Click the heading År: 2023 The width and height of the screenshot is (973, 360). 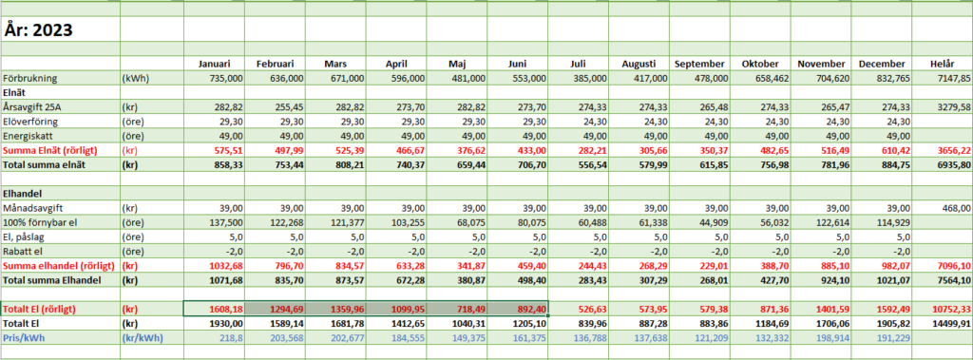pyautogui.click(x=38, y=29)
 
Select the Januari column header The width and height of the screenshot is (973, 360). pyautogui.click(x=215, y=64)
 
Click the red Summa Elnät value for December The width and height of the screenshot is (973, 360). pyautogui.click(x=893, y=151)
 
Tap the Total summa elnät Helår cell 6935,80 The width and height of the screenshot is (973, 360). pyautogui.click(x=954, y=165)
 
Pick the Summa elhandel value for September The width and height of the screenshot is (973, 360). pyautogui.click(x=711, y=266)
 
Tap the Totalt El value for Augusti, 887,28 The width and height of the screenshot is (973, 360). pyautogui.click(x=653, y=323)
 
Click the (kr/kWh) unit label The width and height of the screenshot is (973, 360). pyautogui.click(x=143, y=337)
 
